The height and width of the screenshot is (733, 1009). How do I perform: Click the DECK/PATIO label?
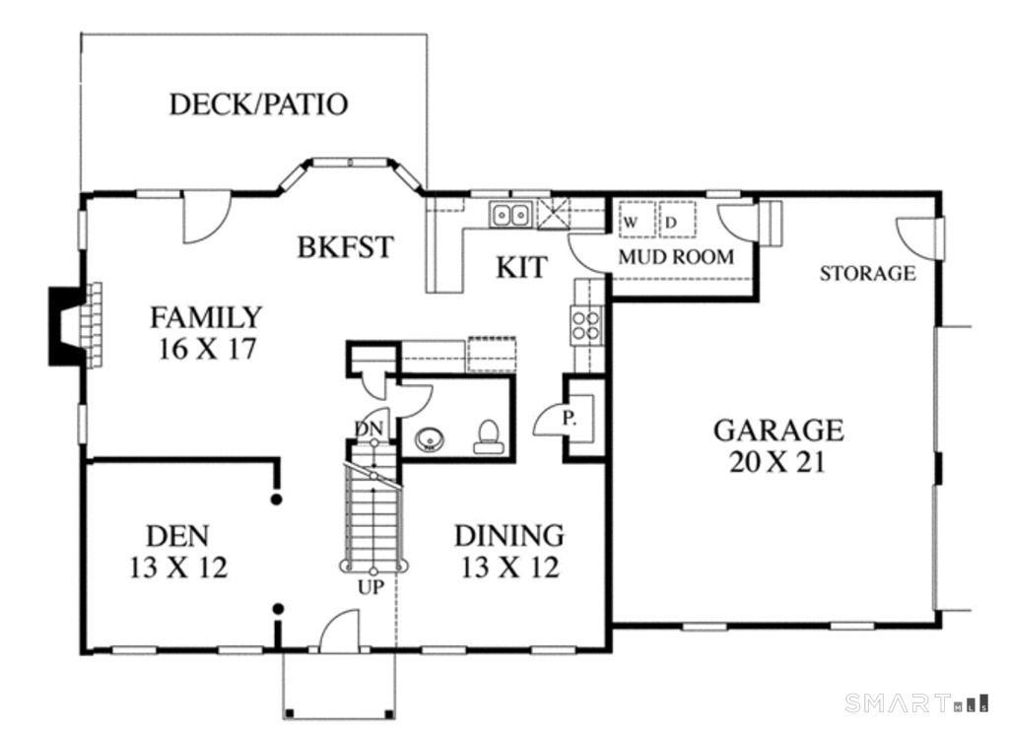tap(258, 104)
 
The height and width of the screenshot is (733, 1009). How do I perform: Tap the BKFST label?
tap(345, 247)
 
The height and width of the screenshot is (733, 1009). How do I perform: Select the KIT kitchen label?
tap(520, 267)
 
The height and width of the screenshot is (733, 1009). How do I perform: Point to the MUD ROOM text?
tap(676, 257)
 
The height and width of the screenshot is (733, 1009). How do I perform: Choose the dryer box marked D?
tap(675, 222)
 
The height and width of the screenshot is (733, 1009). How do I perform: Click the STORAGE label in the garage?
tap(867, 273)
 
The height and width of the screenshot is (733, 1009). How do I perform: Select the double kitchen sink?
tap(511, 213)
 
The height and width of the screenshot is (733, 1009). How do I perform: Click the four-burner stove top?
tap(587, 324)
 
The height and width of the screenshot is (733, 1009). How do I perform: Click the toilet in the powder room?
tap(487, 437)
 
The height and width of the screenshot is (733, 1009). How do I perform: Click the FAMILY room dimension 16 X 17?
tap(207, 349)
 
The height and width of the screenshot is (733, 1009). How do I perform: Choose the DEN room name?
tap(177, 536)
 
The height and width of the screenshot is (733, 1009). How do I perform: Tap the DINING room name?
tap(508, 536)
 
